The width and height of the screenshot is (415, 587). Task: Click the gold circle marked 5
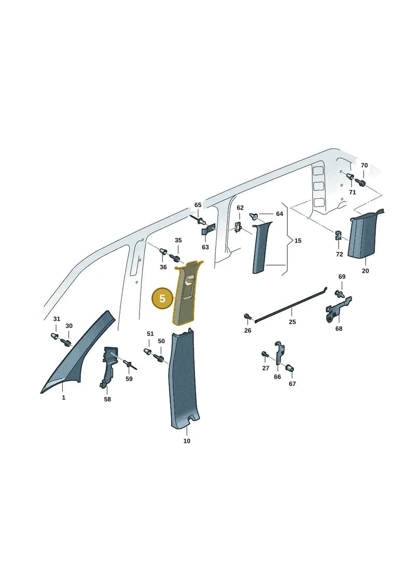162,298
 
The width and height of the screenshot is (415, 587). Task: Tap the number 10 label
187,441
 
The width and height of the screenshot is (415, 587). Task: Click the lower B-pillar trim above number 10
184,378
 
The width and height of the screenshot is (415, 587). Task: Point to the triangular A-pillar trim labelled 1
75,356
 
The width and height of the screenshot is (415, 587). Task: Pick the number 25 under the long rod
292,322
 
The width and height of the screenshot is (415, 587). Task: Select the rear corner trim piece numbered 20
364,235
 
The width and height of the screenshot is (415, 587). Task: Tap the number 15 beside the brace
298,241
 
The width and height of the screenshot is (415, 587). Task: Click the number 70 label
364,165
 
